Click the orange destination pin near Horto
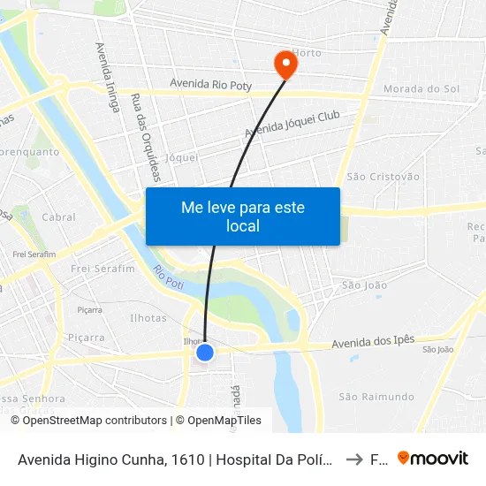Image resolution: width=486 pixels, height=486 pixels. pos(285,64)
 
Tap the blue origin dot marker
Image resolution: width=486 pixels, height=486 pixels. pos(205,353)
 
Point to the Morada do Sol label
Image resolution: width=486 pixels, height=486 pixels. pos(421,89)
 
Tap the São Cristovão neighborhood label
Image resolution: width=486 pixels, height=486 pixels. pos(383,177)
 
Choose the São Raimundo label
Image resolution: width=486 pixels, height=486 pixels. pos(376,397)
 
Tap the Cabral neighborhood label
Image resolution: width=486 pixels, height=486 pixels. pos(58,216)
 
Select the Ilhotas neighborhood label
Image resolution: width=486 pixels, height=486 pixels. pos(148,318)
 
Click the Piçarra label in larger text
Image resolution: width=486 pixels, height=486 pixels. pos(86,338)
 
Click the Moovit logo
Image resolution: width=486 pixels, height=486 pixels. pos(433,459)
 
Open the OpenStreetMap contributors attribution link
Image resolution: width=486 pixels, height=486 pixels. pos(95,421)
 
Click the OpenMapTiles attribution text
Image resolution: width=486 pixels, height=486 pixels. pos(223,421)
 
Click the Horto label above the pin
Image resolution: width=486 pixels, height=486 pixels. pos(308,53)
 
